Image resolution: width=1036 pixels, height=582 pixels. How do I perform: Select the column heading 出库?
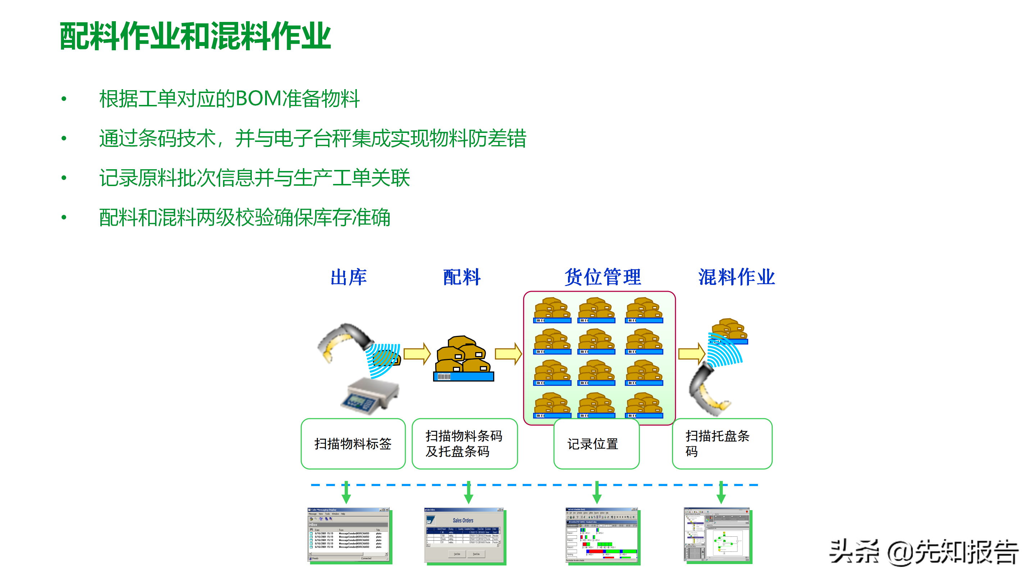point(348,277)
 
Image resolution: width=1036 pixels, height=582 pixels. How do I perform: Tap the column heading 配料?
point(462,277)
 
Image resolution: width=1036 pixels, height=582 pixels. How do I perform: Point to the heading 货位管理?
point(603,277)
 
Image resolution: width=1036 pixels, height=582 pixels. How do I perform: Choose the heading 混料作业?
point(736,277)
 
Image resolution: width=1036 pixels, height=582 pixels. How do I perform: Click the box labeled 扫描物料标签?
point(353,443)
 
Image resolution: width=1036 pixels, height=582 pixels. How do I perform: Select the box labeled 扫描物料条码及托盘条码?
point(464,443)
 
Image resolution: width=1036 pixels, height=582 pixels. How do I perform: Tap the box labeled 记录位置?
point(596,443)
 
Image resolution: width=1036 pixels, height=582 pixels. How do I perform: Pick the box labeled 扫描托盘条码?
point(722,443)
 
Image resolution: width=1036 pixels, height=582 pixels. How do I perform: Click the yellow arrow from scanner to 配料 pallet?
point(417,354)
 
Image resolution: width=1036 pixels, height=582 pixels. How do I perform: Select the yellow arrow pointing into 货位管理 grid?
point(508,354)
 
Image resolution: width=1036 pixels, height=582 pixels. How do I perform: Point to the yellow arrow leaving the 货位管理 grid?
point(691,354)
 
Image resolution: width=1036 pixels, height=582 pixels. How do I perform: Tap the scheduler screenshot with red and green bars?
point(602,536)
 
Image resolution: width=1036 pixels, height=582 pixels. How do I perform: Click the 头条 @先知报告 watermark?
point(923,553)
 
